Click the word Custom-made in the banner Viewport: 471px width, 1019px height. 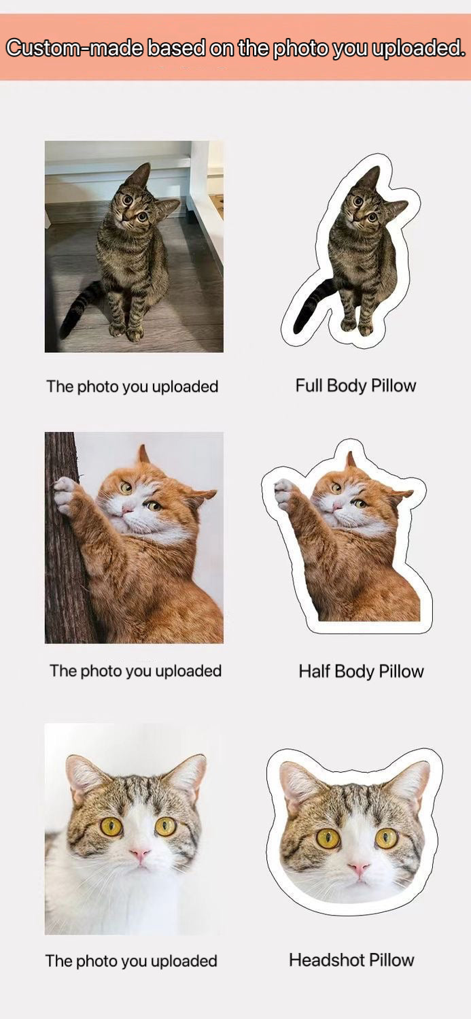pos(75,48)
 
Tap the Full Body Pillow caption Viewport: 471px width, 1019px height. pos(355,386)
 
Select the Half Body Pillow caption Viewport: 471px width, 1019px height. pos(361,671)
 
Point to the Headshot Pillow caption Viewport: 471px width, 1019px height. pos(351,960)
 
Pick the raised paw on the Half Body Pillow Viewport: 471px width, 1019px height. pos(284,495)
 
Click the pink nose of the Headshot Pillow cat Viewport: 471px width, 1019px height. pos(359,868)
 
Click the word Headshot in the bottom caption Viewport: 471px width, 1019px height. pos(327,960)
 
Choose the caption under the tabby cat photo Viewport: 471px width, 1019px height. pos(133,386)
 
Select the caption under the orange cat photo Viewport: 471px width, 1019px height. pos(135,671)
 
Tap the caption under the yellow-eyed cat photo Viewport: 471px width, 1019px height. pos(131,960)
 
